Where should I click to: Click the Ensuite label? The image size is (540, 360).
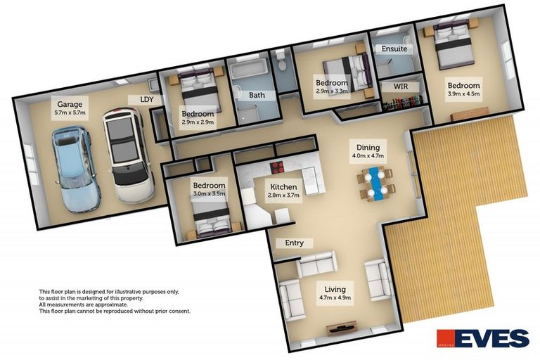pos(394,49)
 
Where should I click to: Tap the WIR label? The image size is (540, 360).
pos(400,86)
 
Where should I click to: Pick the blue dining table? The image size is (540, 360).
pos(375,184)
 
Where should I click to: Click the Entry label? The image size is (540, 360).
pos(294,243)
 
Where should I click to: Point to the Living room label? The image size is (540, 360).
pos(335,289)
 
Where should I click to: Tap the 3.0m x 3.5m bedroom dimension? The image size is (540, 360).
pos(209,194)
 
